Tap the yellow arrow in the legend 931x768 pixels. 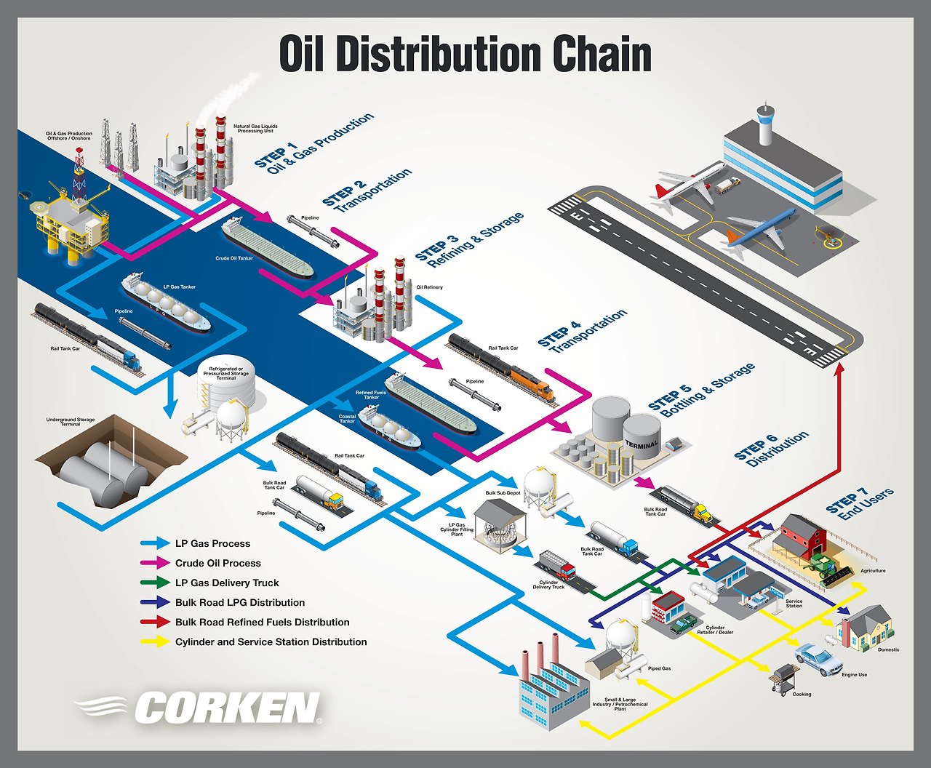[154, 642]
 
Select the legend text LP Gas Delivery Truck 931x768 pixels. [227, 583]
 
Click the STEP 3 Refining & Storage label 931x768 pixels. [469, 241]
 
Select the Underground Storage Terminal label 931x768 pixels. [71, 422]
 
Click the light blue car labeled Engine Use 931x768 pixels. [819, 658]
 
